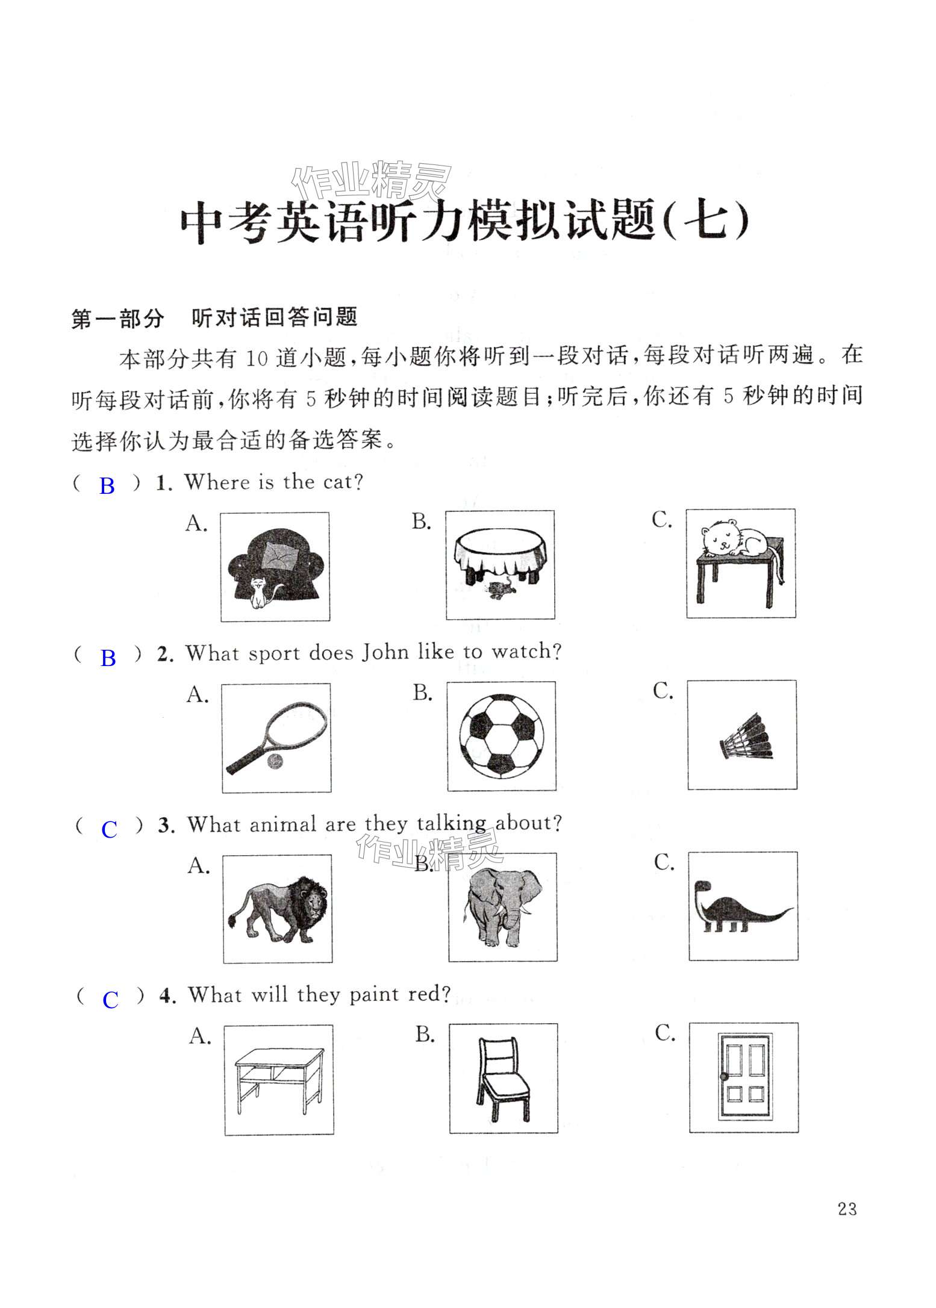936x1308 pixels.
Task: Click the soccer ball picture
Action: pyautogui.click(x=501, y=735)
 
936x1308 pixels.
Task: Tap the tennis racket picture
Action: pyautogui.click(x=276, y=738)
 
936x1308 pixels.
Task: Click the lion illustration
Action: pyautogui.click(x=278, y=909)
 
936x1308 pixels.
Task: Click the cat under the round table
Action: pyautogui.click(x=500, y=590)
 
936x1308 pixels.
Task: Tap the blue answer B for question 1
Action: pyautogui.click(x=107, y=486)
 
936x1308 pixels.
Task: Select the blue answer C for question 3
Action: pyautogui.click(x=109, y=830)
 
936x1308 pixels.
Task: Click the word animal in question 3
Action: pyautogui.click(x=282, y=824)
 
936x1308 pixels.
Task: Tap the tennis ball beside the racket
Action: pyautogui.click(x=275, y=762)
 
